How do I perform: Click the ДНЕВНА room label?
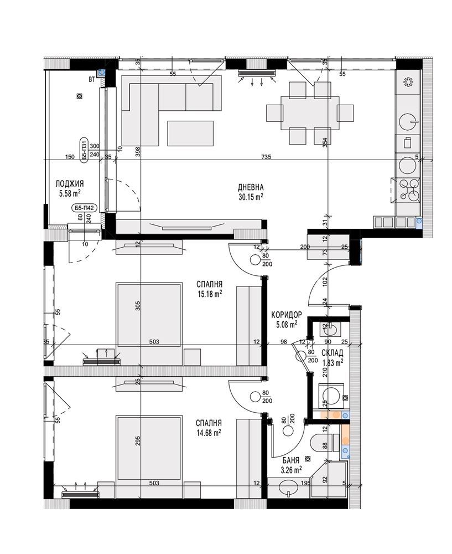tap(251, 187)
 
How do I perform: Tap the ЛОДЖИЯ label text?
tap(70, 184)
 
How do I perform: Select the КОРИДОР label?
tap(286, 315)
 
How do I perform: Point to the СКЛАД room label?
tap(332, 353)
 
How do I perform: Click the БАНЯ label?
tap(291, 460)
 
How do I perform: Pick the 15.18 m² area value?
tap(210, 293)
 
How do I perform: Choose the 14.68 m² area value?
tap(209, 432)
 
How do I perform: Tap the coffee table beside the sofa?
tap(190, 133)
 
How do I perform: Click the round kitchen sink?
tap(408, 122)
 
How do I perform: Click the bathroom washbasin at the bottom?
tap(289, 488)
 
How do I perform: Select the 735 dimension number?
tap(266, 157)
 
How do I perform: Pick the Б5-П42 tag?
tap(84, 208)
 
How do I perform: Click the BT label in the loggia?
tap(91, 80)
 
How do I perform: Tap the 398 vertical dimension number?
tap(138, 152)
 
